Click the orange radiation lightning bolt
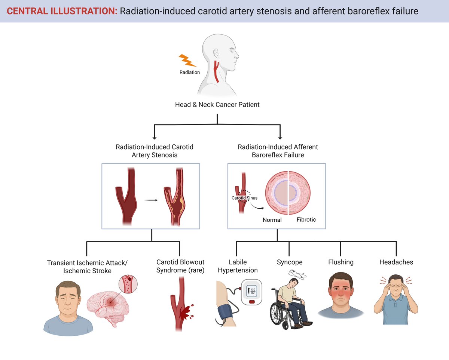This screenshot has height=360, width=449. click(x=187, y=61)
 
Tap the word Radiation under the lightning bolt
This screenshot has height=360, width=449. click(x=190, y=72)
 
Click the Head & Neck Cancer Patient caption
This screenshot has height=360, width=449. click(x=217, y=105)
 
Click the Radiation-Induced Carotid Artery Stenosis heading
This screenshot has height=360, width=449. click(x=155, y=151)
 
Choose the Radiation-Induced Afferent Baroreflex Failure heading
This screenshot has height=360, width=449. click(x=278, y=151)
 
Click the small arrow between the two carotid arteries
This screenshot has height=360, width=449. click(x=151, y=200)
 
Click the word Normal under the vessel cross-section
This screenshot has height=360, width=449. click(x=272, y=220)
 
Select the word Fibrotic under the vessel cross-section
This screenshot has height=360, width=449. click(x=306, y=219)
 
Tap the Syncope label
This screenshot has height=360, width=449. click(x=289, y=262)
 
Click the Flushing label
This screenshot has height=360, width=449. click(x=340, y=262)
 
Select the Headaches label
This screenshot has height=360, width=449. click(x=396, y=262)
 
